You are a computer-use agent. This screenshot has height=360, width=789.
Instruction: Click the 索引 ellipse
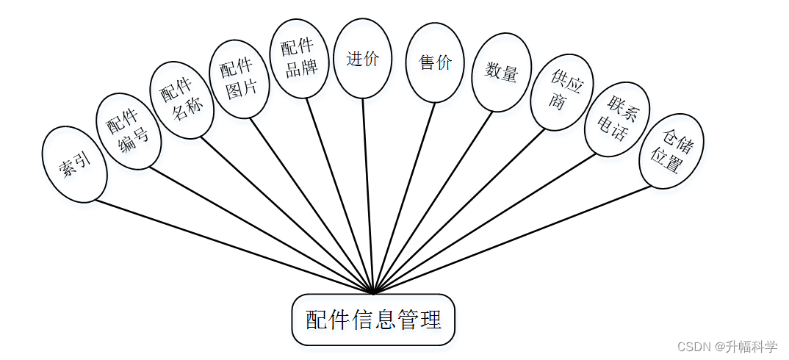click(x=75, y=165)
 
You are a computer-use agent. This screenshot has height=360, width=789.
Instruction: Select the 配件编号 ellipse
click(x=128, y=132)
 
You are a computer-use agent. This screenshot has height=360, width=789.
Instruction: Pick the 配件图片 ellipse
click(x=239, y=79)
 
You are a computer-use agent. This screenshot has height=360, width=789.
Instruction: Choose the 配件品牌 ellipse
click(x=300, y=59)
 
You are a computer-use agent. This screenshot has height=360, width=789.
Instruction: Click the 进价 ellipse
click(x=362, y=59)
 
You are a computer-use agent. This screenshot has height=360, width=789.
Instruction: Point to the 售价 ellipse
click(x=435, y=62)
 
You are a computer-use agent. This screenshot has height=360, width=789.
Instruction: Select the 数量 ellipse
click(x=501, y=72)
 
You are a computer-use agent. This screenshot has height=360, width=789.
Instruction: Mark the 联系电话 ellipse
click(x=617, y=119)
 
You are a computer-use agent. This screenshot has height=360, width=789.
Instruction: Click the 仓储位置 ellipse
click(x=671, y=151)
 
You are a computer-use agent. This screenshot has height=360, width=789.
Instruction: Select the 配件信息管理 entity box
click(x=373, y=320)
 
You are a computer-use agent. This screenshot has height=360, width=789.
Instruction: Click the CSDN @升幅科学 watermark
click(x=727, y=346)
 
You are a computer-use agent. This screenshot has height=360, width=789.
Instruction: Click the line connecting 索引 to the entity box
click(x=235, y=247)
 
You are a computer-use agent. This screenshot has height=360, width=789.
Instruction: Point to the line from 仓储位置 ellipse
click(x=514, y=240)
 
